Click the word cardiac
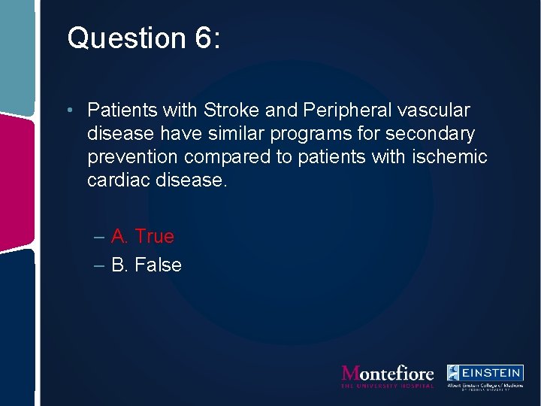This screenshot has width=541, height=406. [x=116, y=180]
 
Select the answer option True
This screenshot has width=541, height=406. [x=154, y=237]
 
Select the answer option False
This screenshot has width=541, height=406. [x=158, y=265]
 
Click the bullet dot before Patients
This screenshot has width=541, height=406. [x=68, y=111]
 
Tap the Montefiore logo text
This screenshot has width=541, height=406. [x=388, y=374]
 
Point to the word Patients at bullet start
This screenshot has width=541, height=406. [x=120, y=111]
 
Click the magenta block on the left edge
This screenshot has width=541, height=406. [x=17, y=180]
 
